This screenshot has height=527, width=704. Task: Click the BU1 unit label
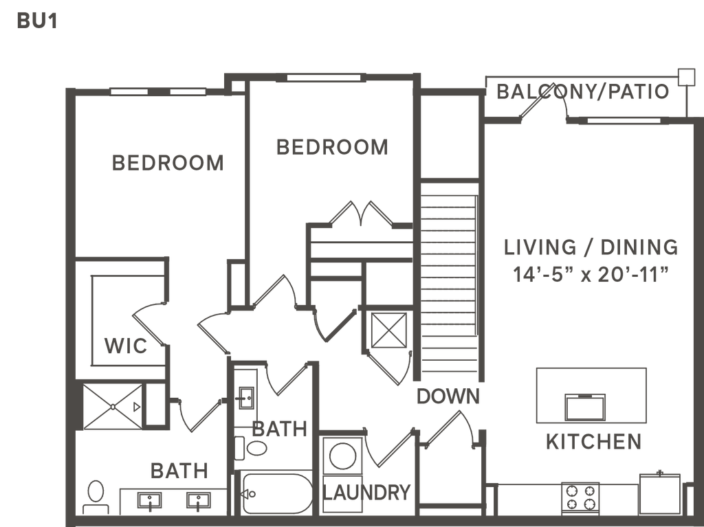36,21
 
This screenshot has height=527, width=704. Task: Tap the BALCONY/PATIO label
582,91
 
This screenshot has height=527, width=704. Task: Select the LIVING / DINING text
590,247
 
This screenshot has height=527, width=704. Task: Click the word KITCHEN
593,442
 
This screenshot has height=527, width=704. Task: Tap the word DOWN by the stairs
447,396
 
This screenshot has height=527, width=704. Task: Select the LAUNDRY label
369,492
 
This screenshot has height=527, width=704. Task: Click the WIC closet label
125,346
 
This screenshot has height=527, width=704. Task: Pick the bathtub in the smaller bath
277,494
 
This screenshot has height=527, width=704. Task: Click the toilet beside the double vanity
94,495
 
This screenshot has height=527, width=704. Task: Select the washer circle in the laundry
342,456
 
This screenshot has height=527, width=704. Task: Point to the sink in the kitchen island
584,407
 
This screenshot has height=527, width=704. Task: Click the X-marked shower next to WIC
111,407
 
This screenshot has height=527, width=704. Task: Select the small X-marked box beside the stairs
388,330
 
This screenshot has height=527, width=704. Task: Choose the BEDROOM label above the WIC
168,163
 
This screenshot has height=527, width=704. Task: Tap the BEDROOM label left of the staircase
332,146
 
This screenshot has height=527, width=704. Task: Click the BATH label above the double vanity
179,471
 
